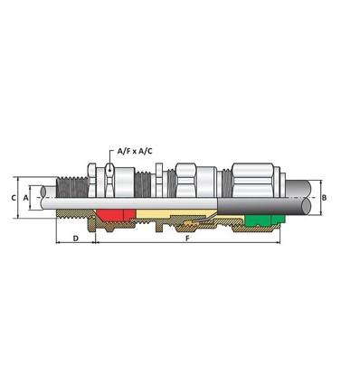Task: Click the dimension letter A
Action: pos(26,196)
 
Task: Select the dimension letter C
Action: pos(13,196)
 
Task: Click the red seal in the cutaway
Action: pos(114,214)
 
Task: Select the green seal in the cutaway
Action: pos(261,218)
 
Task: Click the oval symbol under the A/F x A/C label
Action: pos(109,169)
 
